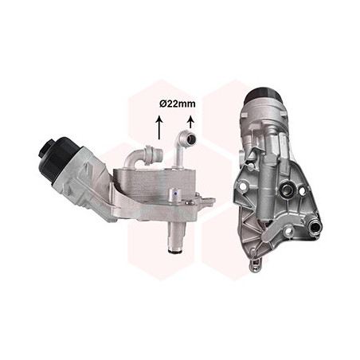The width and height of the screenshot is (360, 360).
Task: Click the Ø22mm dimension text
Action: click(178, 104)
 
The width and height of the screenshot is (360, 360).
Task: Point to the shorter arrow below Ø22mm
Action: click(190, 122)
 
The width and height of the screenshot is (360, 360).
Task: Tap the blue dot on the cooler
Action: click(175, 194)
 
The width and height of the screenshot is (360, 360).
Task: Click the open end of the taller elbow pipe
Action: click(191, 138)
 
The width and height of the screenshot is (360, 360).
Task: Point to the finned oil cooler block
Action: click(154, 184)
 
